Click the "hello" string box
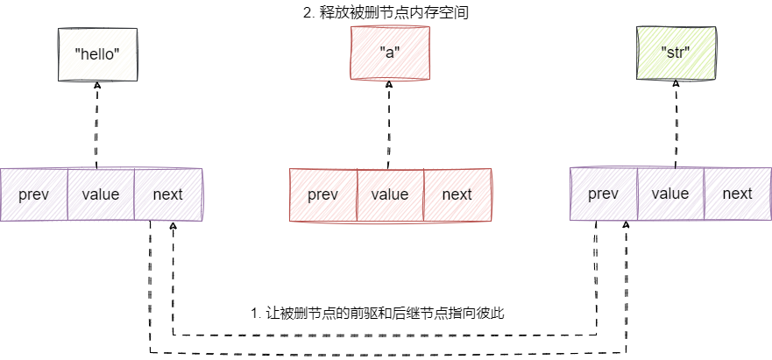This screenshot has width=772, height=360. point(96,53)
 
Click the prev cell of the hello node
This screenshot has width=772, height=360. point(34,194)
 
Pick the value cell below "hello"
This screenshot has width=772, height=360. point(101,194)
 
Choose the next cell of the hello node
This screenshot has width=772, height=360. point(167,194)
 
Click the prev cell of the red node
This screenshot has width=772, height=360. point(323,194)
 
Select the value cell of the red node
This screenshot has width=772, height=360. point(390,194)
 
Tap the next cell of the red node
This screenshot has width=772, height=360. point(457,194)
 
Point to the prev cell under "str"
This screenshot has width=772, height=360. point(604,194)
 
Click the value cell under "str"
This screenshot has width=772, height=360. point(670,194)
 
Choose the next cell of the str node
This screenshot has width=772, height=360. point(737,194)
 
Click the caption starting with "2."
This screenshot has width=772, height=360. point(389,13)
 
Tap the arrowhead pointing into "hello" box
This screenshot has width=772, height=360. point(96,86)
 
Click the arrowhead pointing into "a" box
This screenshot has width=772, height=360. point(388,86)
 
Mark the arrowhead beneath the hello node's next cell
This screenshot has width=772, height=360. point(174,227)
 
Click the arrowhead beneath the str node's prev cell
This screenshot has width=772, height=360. point(626,226)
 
